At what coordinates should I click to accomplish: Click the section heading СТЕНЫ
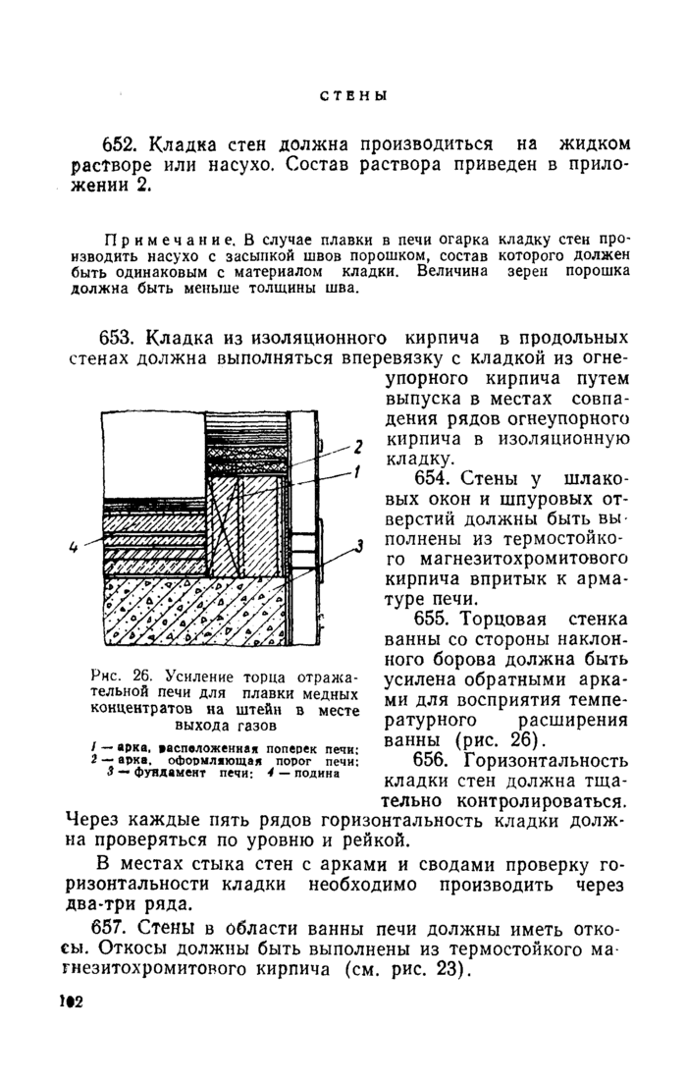353,95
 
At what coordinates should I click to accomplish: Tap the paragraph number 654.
437,478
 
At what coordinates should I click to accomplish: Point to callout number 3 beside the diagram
359,543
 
